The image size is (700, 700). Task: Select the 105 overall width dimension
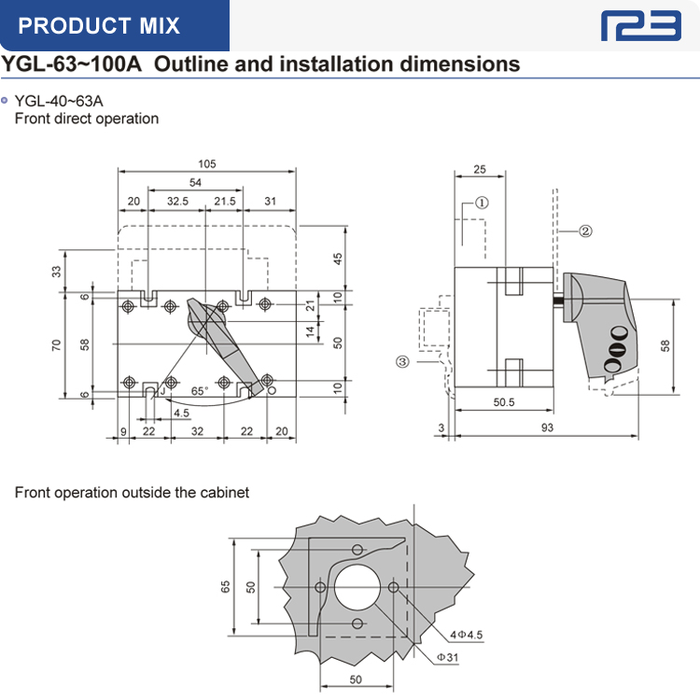(x=206, y=163)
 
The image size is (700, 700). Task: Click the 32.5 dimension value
(x=176, y=201)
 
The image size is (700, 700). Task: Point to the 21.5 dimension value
(x=224, y=201)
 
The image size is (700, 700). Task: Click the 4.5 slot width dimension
(x=181, y=412)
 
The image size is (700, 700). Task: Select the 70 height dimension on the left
(x=56, y=344)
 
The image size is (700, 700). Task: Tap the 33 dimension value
(x=56, y=272)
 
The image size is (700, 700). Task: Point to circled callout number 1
(x=482, y=202)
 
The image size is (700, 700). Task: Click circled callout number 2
(x=585, y=231)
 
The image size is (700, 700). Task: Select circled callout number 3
(x=402, y=361)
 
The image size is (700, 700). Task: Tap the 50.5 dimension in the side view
(x=504, y=402)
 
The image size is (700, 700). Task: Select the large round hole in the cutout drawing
(x=357, y=586)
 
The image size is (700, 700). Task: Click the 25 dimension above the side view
(x=479, y=169)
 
